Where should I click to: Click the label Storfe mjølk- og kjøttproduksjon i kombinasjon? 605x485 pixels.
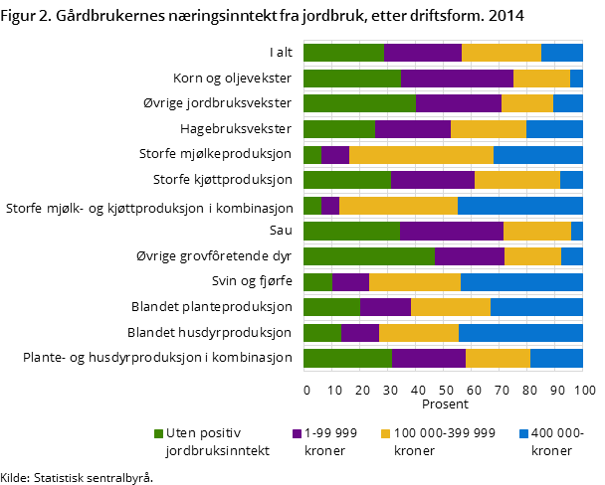point(148,209)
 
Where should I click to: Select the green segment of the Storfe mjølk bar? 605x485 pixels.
point(311,206)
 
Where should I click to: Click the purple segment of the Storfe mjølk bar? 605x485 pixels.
point(330,206)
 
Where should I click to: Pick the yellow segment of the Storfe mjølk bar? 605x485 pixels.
point(398,206)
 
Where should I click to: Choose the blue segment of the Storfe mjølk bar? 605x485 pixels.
point(519,206)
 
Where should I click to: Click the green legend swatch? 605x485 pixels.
point(158,433)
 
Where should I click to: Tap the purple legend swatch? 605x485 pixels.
point(297,433)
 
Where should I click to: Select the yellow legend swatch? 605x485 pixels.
point(386,433)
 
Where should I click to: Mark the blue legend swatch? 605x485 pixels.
point(523,433)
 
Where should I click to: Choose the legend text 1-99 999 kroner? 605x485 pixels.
point(330,441)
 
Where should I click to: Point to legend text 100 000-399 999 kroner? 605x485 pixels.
point(444,441)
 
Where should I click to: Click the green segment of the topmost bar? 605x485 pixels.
point(343,53)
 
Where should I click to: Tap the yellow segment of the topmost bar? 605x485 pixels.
point(501,53)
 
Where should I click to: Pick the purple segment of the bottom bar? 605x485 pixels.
point(428,359)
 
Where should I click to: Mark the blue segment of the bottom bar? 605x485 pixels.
point(556,359)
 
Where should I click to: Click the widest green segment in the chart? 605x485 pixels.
point(368,256)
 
